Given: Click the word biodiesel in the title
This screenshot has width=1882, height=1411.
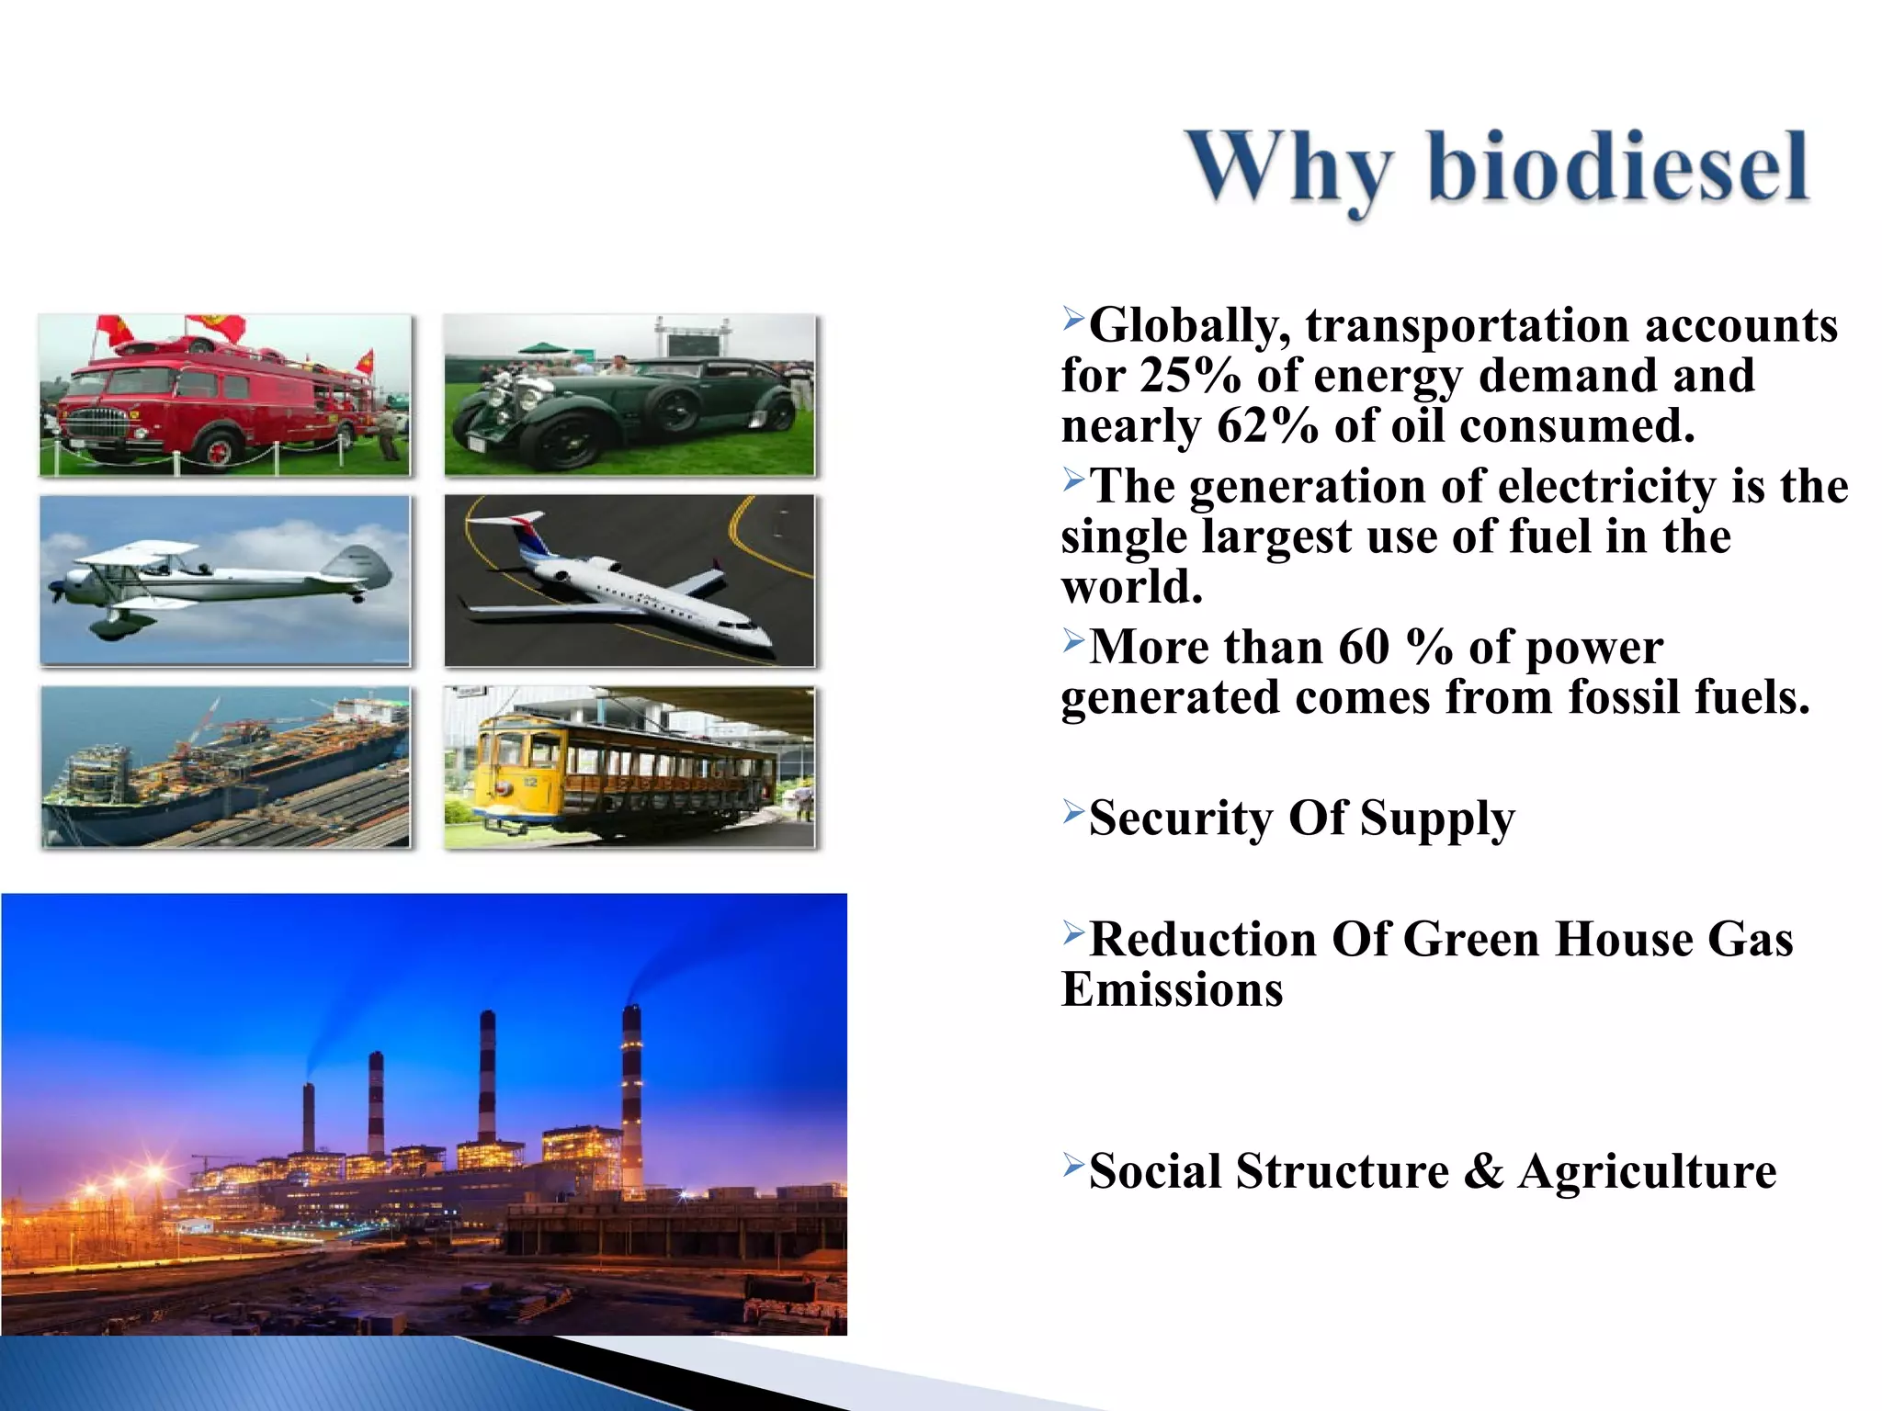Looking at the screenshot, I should click(x=1617, y=167).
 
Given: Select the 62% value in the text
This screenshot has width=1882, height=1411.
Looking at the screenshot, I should click(x=1266, y=426).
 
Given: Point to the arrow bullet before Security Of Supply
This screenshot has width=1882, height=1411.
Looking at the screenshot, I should click(x=1073, y=811).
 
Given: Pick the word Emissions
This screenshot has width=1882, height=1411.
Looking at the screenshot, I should click(x=1172, y=990).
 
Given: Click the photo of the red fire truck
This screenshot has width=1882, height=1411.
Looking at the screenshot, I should click(x=225, y=395).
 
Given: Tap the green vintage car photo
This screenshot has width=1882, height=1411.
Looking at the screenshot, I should click(x=629, y=395).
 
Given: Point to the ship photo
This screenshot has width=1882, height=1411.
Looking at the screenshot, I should click(x=225, y=767).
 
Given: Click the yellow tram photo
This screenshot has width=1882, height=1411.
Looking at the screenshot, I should click(x=629, y=767).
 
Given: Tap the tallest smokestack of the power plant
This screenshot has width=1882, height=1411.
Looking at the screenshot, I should click(x=631, y=1093).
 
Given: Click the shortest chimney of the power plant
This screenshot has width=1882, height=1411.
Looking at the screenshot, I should click(x=309, y=1116).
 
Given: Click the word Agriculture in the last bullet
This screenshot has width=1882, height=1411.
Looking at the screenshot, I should click(x=1647, y=1171).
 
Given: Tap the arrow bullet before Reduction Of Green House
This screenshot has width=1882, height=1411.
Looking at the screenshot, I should click(x=1073, y=933).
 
